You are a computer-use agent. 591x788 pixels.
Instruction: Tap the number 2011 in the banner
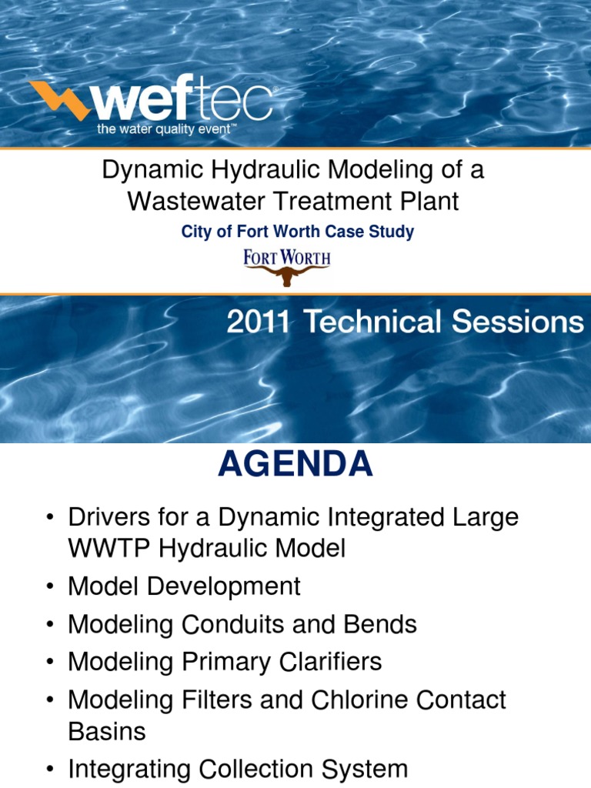[x=258, y=322]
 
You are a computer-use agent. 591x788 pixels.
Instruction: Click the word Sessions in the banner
[x=518, y=322]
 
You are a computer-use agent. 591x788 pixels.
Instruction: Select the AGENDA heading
[x=295, y=465]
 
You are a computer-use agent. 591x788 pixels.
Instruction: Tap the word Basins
[x=105, y=731]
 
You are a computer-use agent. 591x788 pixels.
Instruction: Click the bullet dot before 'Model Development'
[x=50, y=587]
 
